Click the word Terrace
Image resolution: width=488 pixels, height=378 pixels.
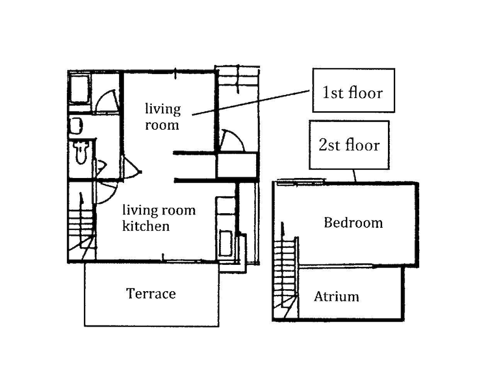151,294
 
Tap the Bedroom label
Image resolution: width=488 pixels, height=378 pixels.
353,223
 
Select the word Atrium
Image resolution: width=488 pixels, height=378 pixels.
336,297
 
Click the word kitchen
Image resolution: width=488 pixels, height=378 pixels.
146,226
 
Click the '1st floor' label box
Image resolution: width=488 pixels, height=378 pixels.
353,90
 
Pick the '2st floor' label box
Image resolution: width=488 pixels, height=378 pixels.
349,145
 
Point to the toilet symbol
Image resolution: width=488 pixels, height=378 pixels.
81,152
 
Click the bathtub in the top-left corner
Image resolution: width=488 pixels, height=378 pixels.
80,89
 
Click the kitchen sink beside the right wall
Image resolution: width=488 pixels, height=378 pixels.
226,243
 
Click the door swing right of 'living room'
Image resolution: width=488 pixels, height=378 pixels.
231,140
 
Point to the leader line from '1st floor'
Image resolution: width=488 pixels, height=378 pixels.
251,103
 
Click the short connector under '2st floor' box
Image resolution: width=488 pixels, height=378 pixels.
354,176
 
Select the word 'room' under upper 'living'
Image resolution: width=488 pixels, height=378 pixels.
162,125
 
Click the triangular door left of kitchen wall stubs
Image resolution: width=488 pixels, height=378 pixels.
131,167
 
